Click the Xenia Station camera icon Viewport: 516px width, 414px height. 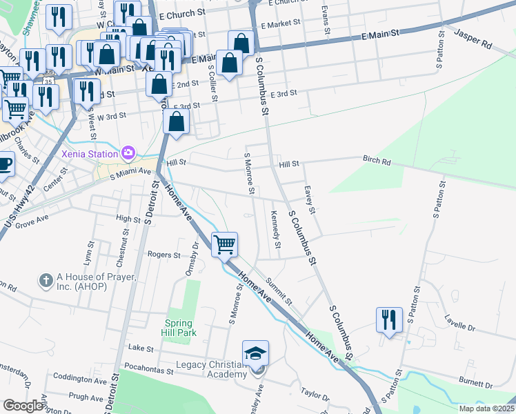tap(128, 152)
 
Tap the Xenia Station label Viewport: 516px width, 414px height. tap(90, 152)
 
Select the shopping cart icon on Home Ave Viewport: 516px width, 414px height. tap(225, 244)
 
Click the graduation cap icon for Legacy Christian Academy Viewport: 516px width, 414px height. tap(255, 353)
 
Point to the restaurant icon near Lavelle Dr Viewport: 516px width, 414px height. tap(389, 319)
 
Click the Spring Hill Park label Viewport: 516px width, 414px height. tap(181, 328)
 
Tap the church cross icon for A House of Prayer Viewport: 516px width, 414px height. tap(46, 280)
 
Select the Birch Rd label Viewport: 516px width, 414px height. tap(377, 161)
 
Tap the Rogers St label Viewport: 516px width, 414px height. tap(163, 255)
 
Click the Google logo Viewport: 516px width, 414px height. tap(23, 406)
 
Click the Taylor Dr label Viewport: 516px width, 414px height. tap(314, 395)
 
